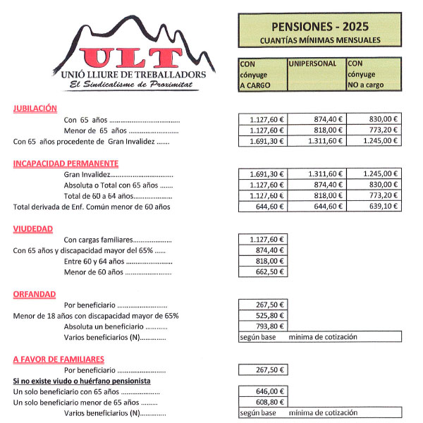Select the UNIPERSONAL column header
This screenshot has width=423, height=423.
313,63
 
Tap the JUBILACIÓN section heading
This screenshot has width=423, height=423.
35,109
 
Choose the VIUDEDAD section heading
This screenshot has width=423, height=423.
32,229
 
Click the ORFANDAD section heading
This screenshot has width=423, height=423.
34,294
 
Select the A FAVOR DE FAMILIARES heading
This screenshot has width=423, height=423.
59,359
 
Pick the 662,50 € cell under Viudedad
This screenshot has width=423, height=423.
263,272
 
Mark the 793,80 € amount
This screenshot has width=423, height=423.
263,326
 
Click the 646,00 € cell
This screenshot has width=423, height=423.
263,391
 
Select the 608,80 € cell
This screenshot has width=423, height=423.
263,402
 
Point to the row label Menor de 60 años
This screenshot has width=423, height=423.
106,272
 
